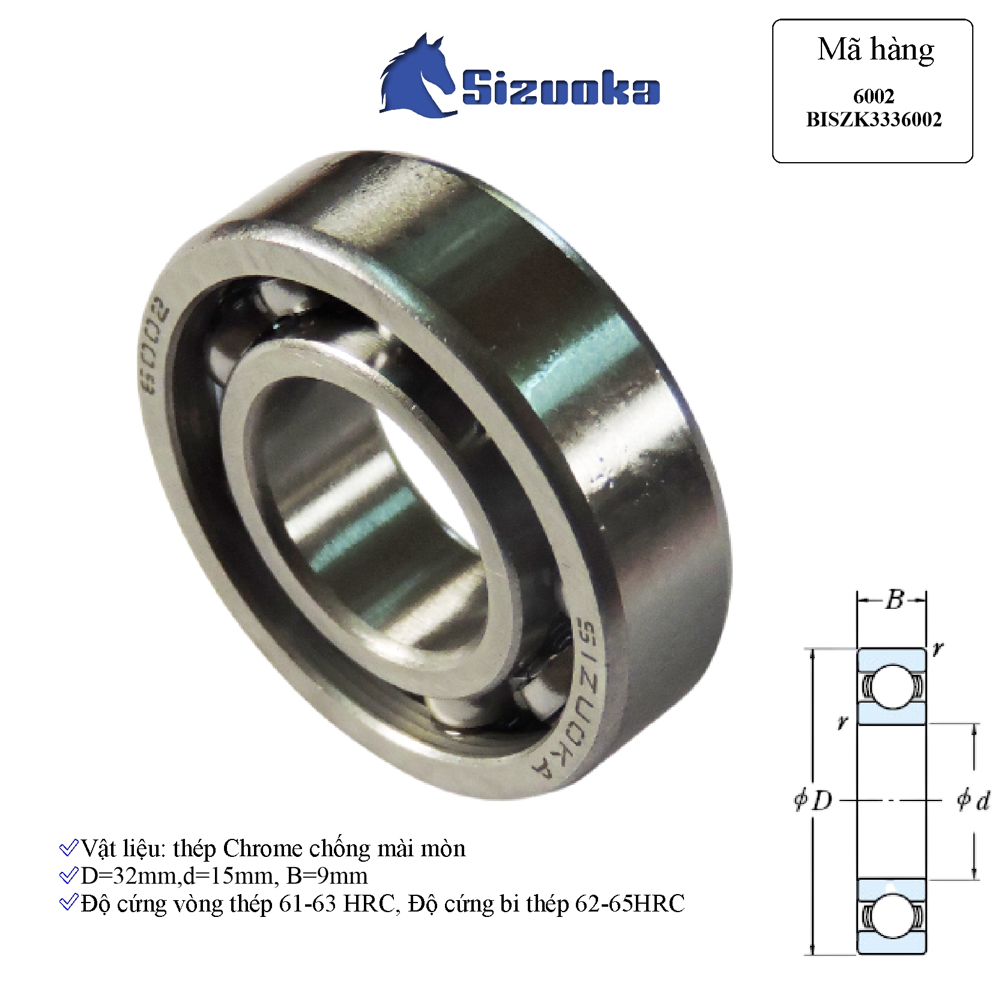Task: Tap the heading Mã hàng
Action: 875,50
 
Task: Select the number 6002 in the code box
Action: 873,96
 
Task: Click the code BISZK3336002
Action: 873,119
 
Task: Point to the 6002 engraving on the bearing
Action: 151,345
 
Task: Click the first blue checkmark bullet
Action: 68,848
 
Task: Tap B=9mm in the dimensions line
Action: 327,876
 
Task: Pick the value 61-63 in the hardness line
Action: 307,904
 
